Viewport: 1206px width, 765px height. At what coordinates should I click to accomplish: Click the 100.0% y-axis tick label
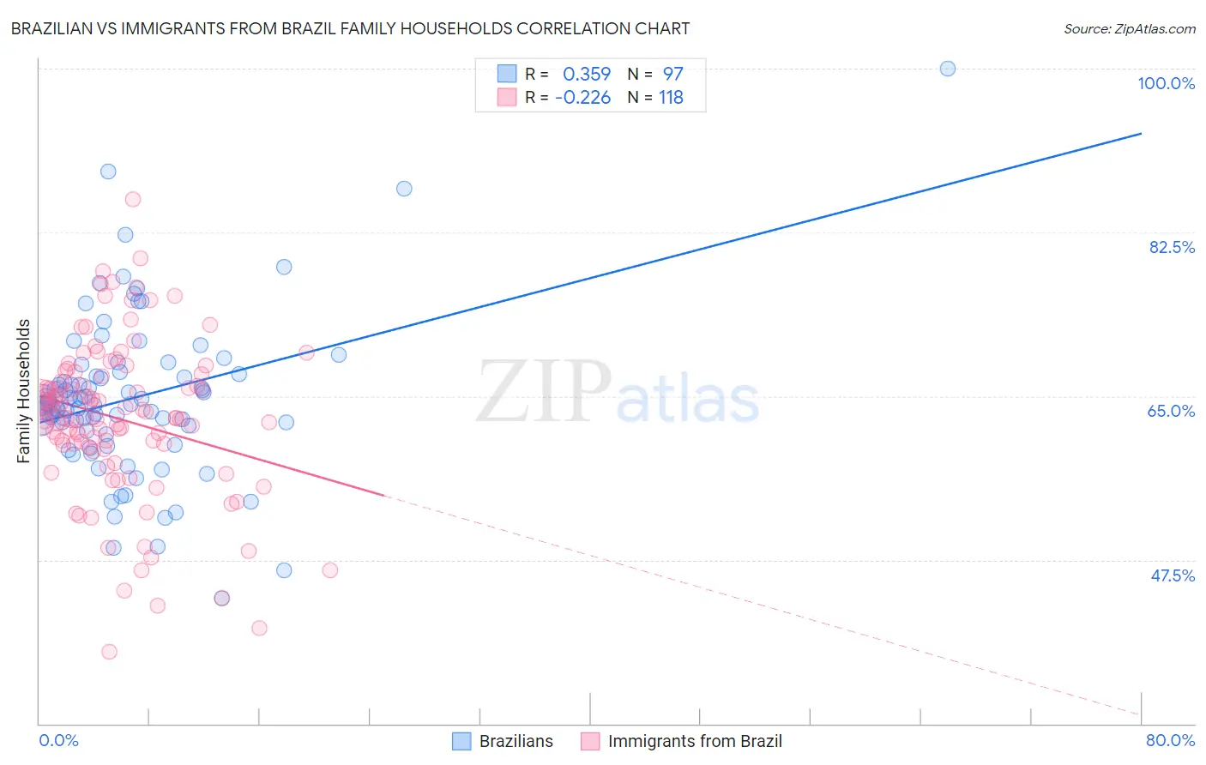pyautogui.click(x=1166, y=83)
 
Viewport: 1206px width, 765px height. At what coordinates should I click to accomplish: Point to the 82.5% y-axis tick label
pyautogui.click(x=1172, y=247)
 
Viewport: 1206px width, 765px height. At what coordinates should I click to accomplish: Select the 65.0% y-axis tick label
pyautogui.click(x=1171, y=411)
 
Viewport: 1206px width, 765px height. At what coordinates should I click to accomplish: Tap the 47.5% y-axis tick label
pyautogui.click(x=1172, y=575)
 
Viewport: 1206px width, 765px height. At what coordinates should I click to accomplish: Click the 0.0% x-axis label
pyautogui.click(x=58, y=740)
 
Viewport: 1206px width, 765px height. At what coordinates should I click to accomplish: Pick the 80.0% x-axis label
pyautogui.click(x=1170, y=740)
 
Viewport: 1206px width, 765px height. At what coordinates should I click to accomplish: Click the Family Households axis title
pyautogui.click(x=24, y=391)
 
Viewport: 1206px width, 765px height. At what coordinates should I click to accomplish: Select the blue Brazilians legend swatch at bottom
pyautogui.click(x=461, y=741)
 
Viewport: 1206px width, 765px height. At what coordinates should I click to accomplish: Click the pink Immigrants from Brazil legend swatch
pyautogui.click(x=590, y=741)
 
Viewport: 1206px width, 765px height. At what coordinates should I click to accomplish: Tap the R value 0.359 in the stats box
pyautogui.click(x=587, y=75)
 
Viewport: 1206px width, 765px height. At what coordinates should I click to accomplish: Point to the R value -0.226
pyautogui.click(x=583, y=98)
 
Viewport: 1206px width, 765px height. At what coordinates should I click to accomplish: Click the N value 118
pyautogui.click(x=671, y=98)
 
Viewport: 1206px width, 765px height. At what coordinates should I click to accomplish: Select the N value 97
pyautogui.click(x=672, y=75)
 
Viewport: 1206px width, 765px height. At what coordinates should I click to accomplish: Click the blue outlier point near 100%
pyautogui.click(x=948, y=69)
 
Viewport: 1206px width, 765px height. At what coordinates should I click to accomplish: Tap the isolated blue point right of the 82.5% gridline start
pyautogui.click(x=404, y=189)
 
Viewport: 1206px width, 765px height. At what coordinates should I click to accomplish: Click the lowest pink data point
pyautogui.click(x=109, y=652)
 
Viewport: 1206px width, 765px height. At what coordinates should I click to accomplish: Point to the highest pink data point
pyautogui.click(x=133, y=199)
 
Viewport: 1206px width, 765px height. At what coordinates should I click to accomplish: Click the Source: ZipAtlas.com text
pyautogui.click(x=1129, y=29)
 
